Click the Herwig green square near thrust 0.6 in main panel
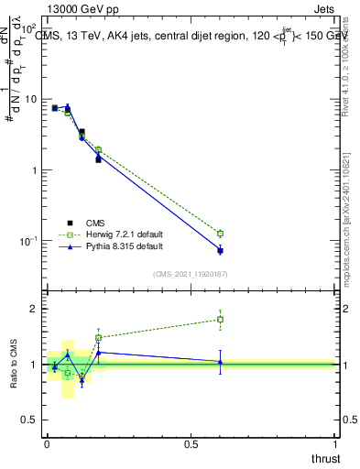point(220,234)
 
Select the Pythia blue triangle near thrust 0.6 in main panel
point(220,250)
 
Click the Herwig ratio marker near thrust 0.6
point(220,320)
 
